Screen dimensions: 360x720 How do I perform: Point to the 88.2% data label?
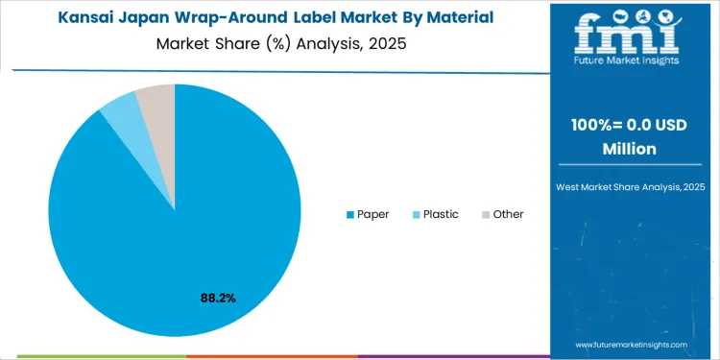(218, 299)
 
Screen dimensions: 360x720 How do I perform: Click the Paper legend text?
(372, 214)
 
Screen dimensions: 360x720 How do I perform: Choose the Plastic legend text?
(441, 214)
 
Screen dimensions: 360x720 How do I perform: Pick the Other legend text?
(508, 214)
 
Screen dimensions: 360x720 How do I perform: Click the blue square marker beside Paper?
(349, 214)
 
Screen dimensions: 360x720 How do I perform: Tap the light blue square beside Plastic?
(416, 214)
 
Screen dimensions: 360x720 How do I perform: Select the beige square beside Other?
(485, 214)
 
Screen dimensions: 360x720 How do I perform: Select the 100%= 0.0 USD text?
(630, 128)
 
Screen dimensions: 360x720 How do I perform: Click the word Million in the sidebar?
(630, 149)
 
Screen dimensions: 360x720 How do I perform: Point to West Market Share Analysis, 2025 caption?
(630, 185)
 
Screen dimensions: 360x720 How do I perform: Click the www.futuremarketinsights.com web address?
(632, 344)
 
